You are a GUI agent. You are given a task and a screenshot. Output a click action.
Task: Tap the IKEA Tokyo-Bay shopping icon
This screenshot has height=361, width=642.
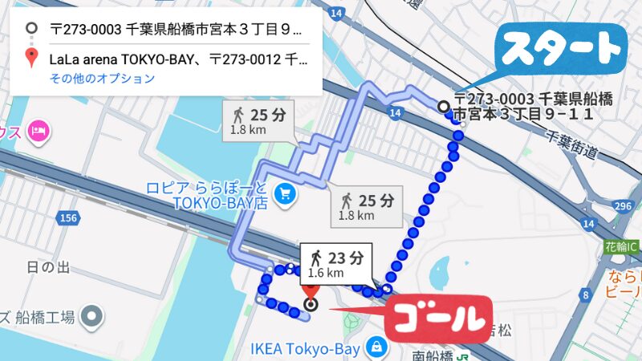[x=374, y=347]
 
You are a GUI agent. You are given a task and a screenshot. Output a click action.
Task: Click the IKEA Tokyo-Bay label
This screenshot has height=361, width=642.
[x=306, y=348]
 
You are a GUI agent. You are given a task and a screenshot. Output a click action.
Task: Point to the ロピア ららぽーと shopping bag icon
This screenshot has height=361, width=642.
[x=283, y=193]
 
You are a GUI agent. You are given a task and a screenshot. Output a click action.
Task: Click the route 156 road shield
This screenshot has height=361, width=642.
[x=69, y=217]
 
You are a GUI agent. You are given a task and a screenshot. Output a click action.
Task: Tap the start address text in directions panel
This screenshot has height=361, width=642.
[x=176, y=30]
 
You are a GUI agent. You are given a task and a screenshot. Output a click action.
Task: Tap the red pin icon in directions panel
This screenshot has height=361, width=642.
[x=31, y=58]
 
